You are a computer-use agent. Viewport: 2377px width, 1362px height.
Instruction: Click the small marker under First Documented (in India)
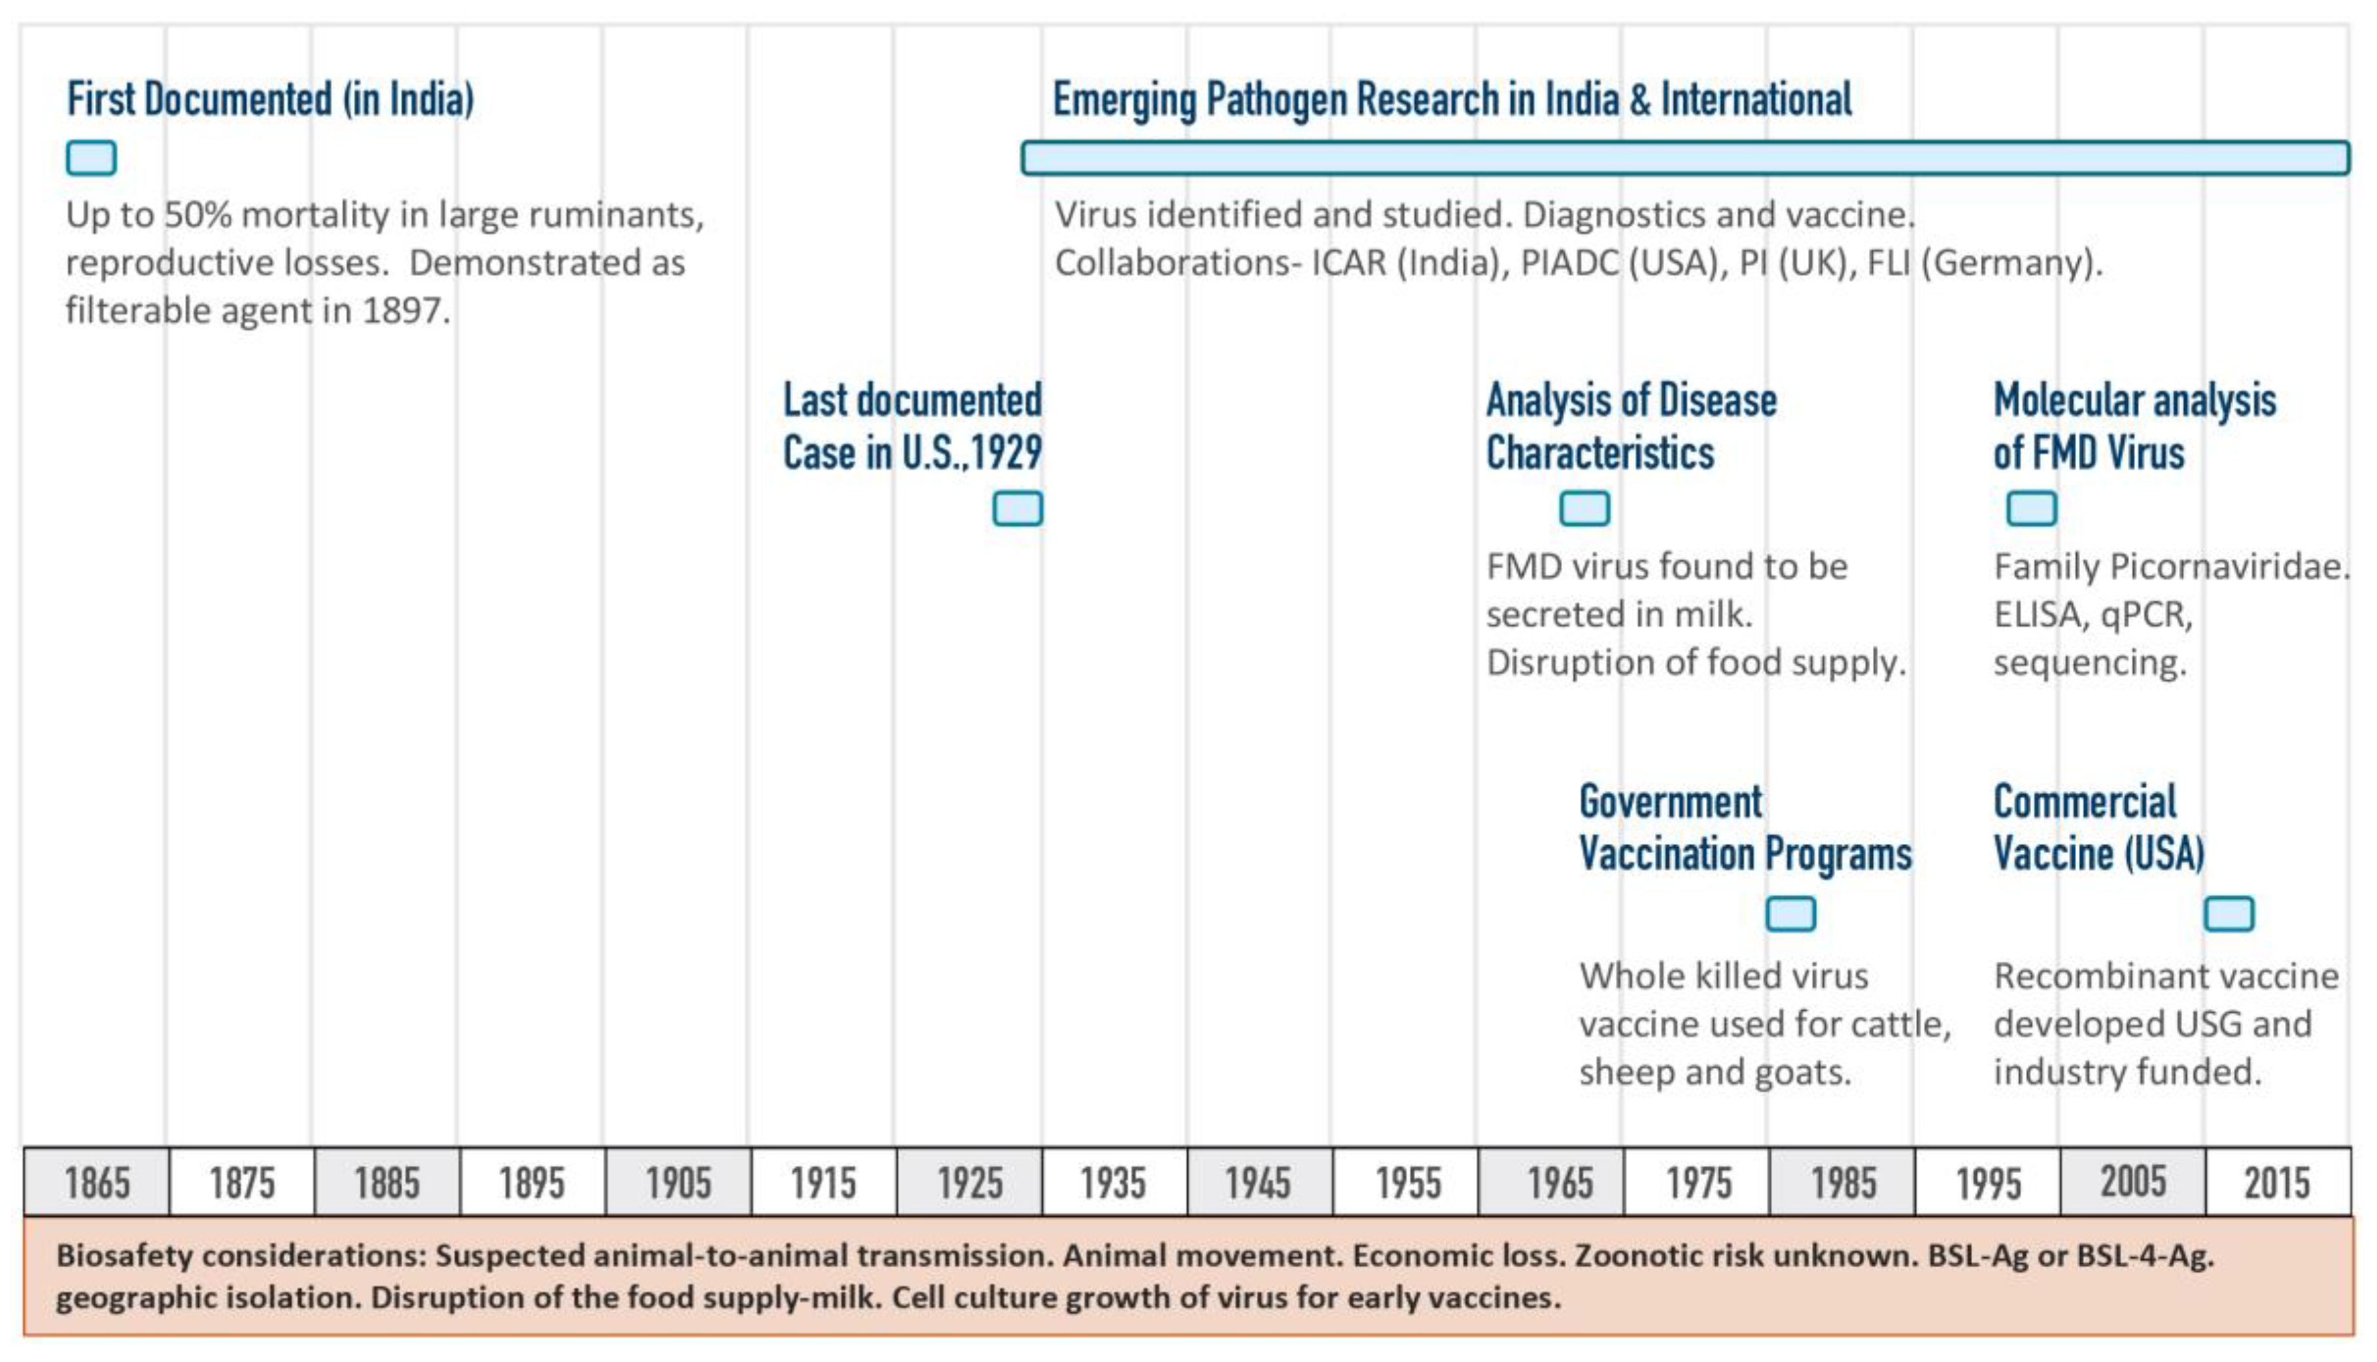(91, 158)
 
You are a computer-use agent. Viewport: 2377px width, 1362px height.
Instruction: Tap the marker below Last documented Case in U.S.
(1017, 509)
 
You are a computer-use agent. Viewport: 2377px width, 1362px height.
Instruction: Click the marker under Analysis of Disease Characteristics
(1584, 509)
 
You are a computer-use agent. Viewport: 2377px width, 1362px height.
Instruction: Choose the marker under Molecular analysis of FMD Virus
(2031, 509)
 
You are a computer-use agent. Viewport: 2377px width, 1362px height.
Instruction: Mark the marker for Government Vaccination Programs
(1790, 914)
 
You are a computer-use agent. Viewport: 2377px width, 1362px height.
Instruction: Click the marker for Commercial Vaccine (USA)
(2229, 914)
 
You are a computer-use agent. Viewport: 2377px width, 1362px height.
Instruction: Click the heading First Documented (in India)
(270, 99)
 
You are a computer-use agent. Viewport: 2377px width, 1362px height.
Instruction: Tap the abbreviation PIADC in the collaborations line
(1569, 263)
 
